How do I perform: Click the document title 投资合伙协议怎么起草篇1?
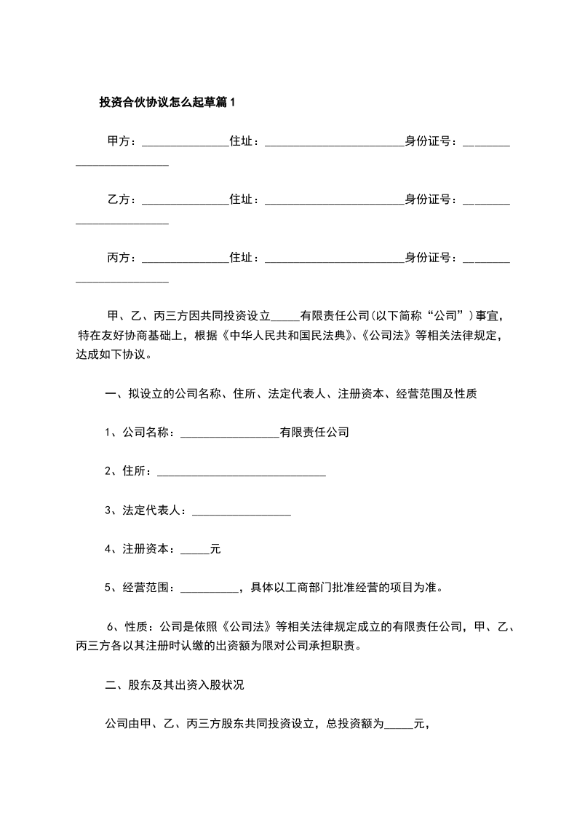coord(167,103)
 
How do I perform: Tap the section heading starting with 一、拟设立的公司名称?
coord(291,395)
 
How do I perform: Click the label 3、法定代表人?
coord(145,510)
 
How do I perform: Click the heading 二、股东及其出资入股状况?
coord(179,685)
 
